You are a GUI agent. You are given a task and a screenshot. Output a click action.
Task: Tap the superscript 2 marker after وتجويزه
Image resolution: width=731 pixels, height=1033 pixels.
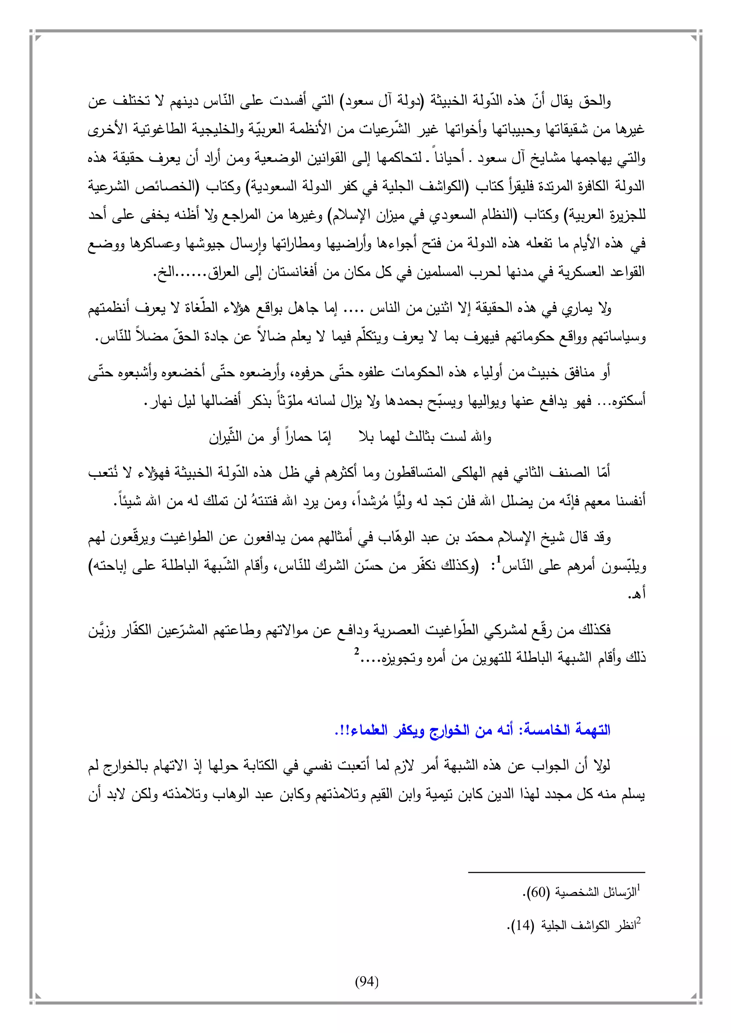356,651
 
